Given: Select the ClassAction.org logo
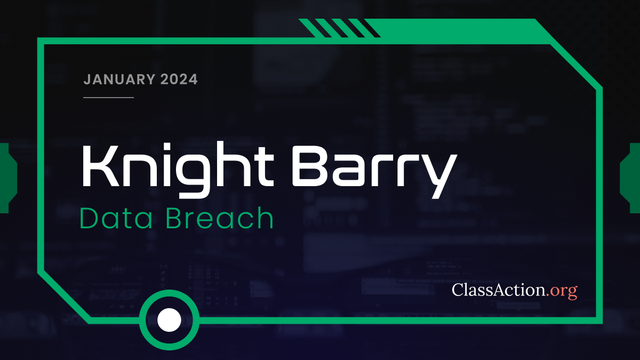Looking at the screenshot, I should (x=515, y=290).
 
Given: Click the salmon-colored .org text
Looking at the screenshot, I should (x=562, y=291).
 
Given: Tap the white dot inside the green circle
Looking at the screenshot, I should (x=169, y=319).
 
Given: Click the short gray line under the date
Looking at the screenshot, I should (x=108, y=97).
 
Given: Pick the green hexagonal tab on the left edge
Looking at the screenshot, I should (x=7, y=178).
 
